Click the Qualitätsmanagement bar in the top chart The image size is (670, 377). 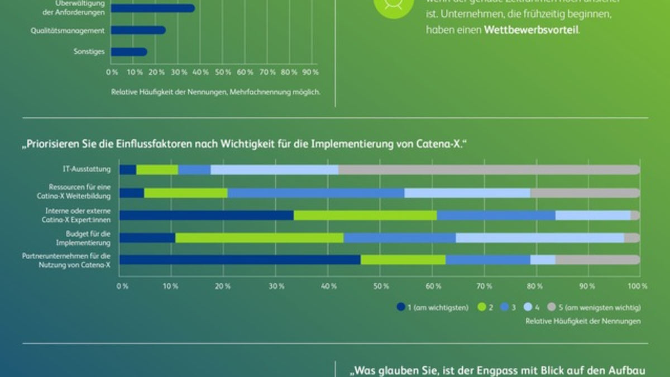point(137,30)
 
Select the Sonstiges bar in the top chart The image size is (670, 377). point(128,52)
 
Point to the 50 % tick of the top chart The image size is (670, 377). point(223,73)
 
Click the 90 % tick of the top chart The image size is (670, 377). point(311,73)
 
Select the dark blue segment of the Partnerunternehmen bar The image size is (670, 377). point(240,260)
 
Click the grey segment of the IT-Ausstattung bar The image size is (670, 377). point(489,170)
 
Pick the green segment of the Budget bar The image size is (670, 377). point(259,238)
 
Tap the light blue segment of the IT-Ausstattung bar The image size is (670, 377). point(274,170)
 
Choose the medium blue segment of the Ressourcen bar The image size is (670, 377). point(315,193)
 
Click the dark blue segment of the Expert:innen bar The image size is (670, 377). point(207,215)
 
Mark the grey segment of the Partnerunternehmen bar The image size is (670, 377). point(597,260)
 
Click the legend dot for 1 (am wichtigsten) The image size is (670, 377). point(400,307)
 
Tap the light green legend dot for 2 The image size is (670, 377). point(480,307)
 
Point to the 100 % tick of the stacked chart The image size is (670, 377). point(637,286)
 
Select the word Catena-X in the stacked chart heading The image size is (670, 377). point(443,144)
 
